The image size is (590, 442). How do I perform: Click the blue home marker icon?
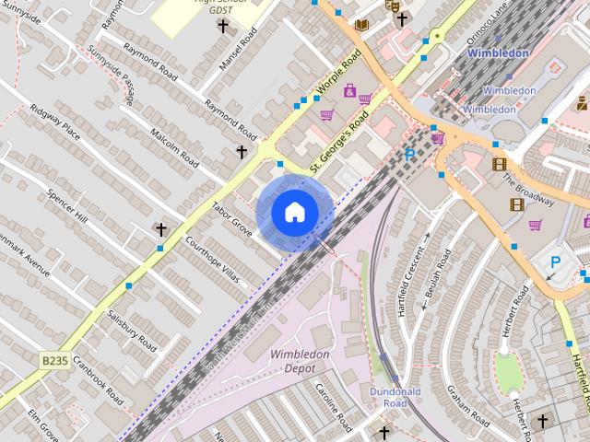[294, 213]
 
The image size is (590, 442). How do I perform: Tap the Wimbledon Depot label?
[300, 361]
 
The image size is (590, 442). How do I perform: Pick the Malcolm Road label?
[174, 146]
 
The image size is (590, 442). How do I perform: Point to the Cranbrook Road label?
[97, 380]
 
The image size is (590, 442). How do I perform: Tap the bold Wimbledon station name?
[498, 53]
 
